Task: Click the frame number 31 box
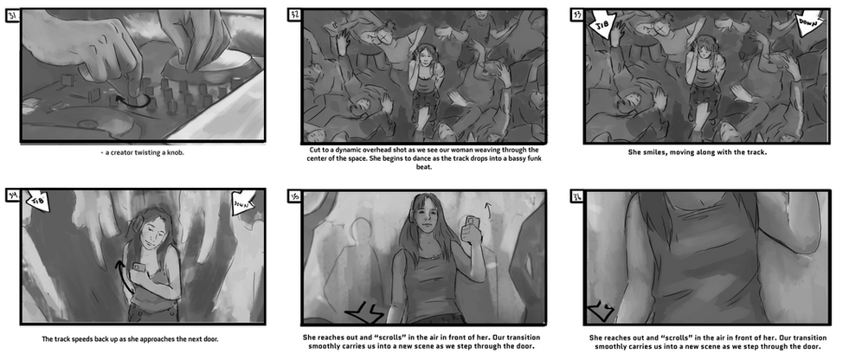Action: (x=12, y=16)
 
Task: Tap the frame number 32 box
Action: (x=294, y=16)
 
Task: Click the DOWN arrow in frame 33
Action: (x=811, y=25)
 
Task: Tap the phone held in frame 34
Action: (x=139, y=267)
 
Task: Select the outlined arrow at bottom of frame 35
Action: (x=364, y=313)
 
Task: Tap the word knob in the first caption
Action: (x=176, y=152)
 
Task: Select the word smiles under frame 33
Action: (x=653, y=152)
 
